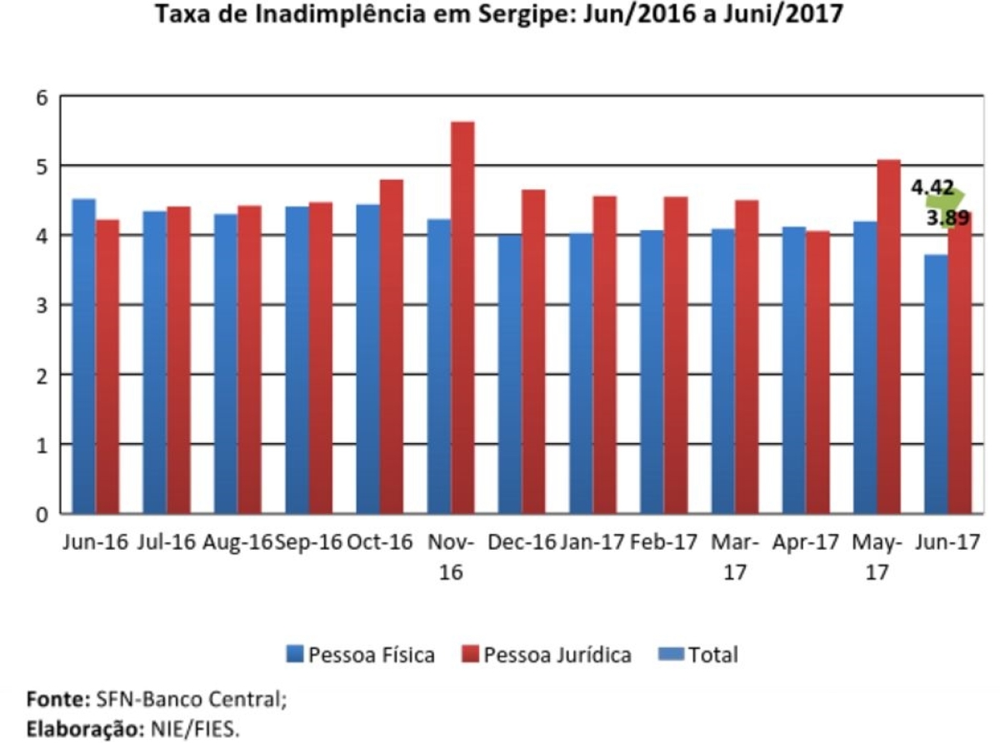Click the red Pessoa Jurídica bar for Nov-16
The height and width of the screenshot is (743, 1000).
point(462,317)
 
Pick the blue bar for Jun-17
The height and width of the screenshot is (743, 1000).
point(936,383)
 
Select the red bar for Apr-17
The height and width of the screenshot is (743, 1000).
point(817,371)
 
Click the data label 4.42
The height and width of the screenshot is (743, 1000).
point(932,188)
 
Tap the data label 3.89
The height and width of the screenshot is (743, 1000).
point(947,219)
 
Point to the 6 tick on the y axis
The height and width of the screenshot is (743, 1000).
point(42,97)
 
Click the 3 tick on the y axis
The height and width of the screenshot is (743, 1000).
point(42,306)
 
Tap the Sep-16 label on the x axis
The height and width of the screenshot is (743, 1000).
point(308,542)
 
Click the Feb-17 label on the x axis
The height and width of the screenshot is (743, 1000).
point(663,542)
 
